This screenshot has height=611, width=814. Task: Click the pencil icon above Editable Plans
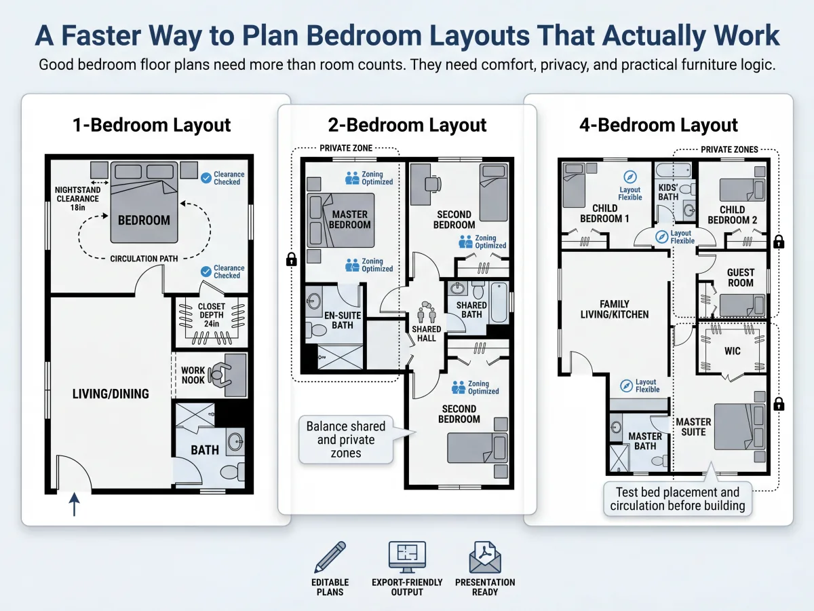click(x=330, y=557)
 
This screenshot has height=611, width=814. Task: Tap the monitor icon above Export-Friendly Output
click(x=407, y=557)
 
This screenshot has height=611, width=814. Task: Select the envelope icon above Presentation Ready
click(x=485, y=557)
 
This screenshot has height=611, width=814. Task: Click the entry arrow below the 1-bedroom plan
click(x=75, y=504)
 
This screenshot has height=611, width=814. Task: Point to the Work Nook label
click(x=193, y=375)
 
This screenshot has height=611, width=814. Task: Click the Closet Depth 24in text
click(x=212, y=315)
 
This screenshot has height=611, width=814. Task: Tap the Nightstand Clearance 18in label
click(x=77, y=198)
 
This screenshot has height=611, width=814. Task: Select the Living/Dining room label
click(x=111, y=394)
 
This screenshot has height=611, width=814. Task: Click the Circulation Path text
click(x=144, y=259)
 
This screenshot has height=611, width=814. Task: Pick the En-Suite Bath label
click(x=343, y=320)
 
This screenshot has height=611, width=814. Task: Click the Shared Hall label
click(x=427, y=333)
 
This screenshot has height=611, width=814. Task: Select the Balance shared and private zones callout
click(x=346, y=440)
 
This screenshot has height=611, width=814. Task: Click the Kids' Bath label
click(x=668, y=192)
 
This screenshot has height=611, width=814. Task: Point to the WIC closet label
click(x=733, y=351)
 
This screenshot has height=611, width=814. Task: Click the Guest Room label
click(x=741, y=278)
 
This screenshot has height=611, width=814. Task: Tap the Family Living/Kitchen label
click(x=615, y=310)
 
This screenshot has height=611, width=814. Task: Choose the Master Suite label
click(x=693, y=427)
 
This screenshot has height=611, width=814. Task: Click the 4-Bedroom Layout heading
click(x=658, y=125)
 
